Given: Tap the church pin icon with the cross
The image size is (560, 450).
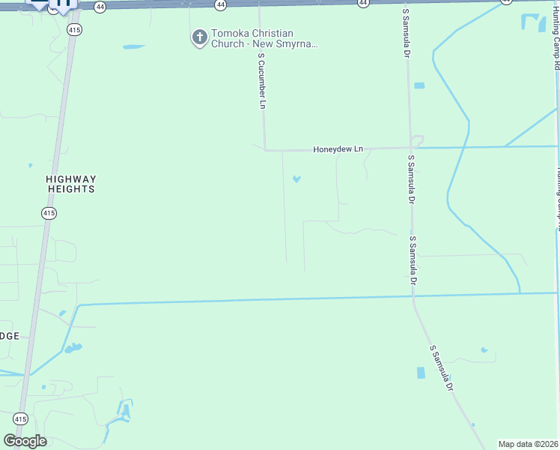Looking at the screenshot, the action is click(199, 37).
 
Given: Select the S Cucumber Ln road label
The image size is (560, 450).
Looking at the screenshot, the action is click(261, 81).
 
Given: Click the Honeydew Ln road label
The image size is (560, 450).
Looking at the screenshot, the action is click(338, 149).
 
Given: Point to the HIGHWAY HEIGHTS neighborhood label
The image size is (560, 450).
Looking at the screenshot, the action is click(71, 184).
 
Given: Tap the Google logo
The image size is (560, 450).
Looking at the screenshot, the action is click(25, 441).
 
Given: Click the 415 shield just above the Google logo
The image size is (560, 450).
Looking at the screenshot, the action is click(20, 418).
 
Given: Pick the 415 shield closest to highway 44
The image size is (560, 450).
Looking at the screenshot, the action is click(73, 30).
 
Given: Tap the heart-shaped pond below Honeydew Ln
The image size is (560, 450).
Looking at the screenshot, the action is click(296, 179).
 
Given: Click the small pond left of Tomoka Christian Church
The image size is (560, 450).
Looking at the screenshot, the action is click(133, 47).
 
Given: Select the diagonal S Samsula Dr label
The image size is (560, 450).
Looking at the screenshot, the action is click(442, 368).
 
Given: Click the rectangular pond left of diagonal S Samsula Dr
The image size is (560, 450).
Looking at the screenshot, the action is click(420, 373).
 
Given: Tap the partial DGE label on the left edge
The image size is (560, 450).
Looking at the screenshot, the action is click(10, 335).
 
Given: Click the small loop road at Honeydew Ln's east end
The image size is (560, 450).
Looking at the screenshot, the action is click(418, 140).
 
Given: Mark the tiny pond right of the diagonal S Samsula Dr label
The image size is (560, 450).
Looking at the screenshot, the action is click(484, 349).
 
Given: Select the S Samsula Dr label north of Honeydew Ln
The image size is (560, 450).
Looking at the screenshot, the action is click(407, 34).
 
